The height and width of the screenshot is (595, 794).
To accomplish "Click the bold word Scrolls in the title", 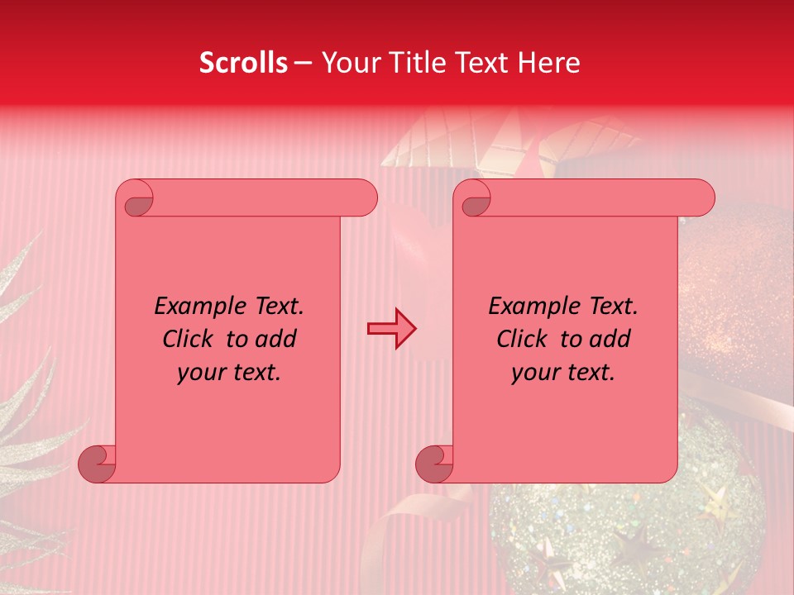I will pos(244,63).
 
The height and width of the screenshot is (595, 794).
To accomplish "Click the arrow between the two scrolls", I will pos(392,328).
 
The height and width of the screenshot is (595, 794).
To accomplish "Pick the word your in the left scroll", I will pos(201,372).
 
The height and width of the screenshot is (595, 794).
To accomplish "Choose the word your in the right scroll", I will pos(535,372).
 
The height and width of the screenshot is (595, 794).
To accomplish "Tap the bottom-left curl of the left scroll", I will pos(97,464).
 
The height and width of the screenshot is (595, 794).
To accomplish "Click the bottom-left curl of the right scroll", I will pos(434,464).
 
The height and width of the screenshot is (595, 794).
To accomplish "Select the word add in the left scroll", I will pos(276,339).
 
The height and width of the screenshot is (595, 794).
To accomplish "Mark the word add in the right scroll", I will pos(610,339).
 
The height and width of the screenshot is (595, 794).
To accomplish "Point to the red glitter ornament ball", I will pos(728,297).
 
